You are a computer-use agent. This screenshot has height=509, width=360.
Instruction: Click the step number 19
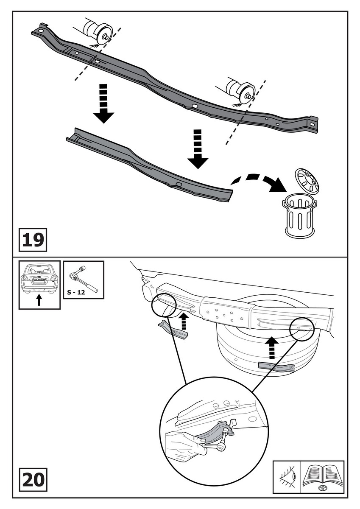(33, 239)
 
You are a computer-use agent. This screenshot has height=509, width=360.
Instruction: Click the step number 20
(33, 481)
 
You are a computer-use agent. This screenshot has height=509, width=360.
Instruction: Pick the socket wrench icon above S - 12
(83, 277)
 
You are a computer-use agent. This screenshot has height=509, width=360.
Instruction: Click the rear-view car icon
(39, 279)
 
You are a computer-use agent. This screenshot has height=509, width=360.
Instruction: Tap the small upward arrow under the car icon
(39, 300)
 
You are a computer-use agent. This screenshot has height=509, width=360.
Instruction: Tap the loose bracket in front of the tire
(276, 367)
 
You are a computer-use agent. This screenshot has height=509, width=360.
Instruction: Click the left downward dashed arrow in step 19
(103, 103)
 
